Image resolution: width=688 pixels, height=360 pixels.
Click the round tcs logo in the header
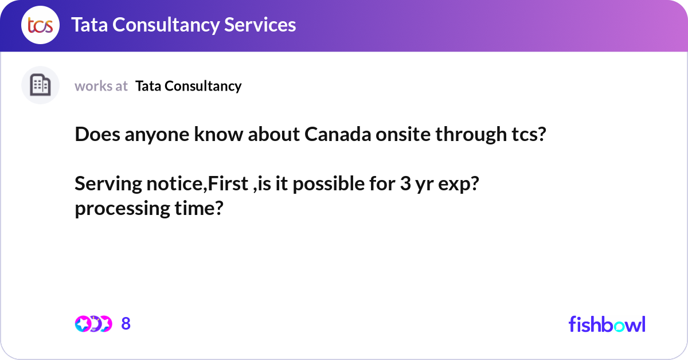point(40,25)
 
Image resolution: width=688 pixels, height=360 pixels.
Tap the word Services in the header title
point(260,25)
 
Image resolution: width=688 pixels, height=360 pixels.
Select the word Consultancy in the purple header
point(166,25)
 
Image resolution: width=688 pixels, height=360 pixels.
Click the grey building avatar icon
point(40,85)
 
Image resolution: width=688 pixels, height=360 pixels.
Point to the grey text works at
point(101,86)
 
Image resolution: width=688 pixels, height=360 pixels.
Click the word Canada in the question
point(338,134)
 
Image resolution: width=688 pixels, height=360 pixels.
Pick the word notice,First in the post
point(197,183)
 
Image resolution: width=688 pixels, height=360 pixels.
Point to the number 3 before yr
point(405,183)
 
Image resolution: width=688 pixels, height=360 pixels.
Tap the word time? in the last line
point(199,208)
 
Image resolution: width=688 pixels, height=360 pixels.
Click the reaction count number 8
point(126,324)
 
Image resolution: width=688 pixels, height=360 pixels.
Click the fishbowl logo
point(607,324)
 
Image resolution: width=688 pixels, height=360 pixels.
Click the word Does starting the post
point(97,134)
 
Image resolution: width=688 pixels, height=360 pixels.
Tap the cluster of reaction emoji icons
point(93,324)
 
